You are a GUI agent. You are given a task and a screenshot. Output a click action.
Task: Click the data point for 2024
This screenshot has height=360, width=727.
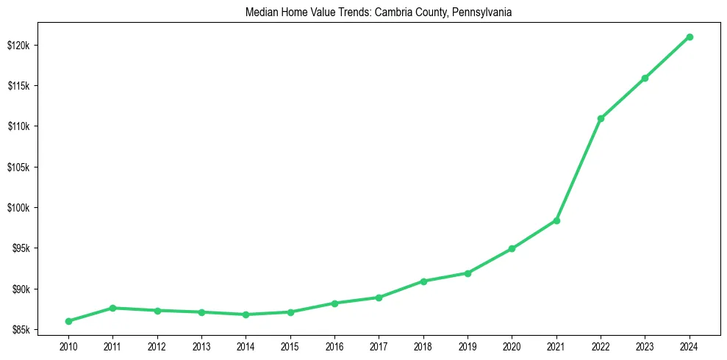(690, 37)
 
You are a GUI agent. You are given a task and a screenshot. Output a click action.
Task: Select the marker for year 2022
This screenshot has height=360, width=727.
(601, 118)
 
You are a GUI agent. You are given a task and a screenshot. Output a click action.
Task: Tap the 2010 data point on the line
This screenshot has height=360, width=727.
(68, 321)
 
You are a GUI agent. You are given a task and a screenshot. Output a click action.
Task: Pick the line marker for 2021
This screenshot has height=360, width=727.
(556, 220)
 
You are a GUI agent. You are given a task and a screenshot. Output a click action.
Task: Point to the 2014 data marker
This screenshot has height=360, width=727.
(246, 314)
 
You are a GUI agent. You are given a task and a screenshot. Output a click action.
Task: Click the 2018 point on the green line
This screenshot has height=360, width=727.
(423, 281)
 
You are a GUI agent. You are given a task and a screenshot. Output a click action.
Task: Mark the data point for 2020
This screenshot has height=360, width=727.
(512, 248)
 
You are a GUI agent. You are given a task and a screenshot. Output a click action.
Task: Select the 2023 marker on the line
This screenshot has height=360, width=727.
(645, 78)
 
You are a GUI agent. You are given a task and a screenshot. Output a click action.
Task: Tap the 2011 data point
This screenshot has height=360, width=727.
(112, 308)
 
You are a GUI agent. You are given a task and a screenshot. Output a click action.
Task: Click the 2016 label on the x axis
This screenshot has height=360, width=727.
(334, 346)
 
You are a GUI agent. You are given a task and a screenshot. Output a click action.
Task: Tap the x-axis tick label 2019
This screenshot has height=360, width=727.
(468, 346)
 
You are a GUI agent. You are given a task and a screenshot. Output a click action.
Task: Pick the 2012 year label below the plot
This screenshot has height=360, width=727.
(157, 346)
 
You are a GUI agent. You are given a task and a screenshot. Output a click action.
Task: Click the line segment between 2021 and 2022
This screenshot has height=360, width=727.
(579, 170)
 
